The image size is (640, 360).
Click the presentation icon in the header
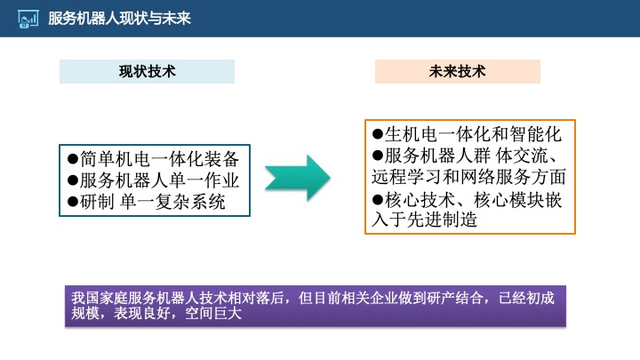click(x=28, y=18)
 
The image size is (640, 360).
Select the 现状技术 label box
click(x=147, y=72)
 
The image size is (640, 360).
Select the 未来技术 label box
click(x=457, y=71)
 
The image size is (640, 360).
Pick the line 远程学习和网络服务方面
click(x=468, y=177)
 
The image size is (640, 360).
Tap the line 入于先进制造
click(x=425, y=220)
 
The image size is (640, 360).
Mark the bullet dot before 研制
click(x=73, y=202)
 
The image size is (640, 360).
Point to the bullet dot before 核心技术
click(x=377, y=199)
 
